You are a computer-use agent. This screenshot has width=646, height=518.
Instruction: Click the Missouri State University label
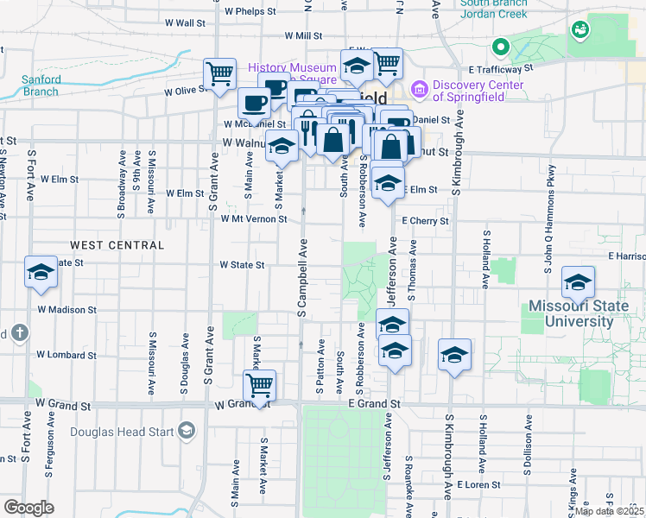tap(584, 313)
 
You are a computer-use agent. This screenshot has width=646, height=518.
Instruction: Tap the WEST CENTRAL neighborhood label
tap(117, 245)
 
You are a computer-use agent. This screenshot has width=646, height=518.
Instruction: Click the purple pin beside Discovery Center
tap(420, 88)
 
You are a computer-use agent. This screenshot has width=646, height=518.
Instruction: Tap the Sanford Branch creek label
tap(41, 85)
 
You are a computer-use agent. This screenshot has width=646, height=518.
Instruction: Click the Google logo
tap(28, 508)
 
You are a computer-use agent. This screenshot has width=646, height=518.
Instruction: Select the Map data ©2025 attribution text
tap(609, 511)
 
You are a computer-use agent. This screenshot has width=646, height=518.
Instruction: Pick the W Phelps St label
tap(249, 12)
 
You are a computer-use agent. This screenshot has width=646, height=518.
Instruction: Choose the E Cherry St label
tap(425, 221)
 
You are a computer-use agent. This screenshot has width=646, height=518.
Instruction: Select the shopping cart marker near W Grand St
tap(259, 385)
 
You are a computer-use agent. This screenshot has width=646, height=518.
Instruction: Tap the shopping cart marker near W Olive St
tap(219, 73)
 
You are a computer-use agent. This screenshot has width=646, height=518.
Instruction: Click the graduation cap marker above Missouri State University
tap(578, 281)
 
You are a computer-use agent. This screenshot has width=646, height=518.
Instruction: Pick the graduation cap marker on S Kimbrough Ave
tap(454, 354)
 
